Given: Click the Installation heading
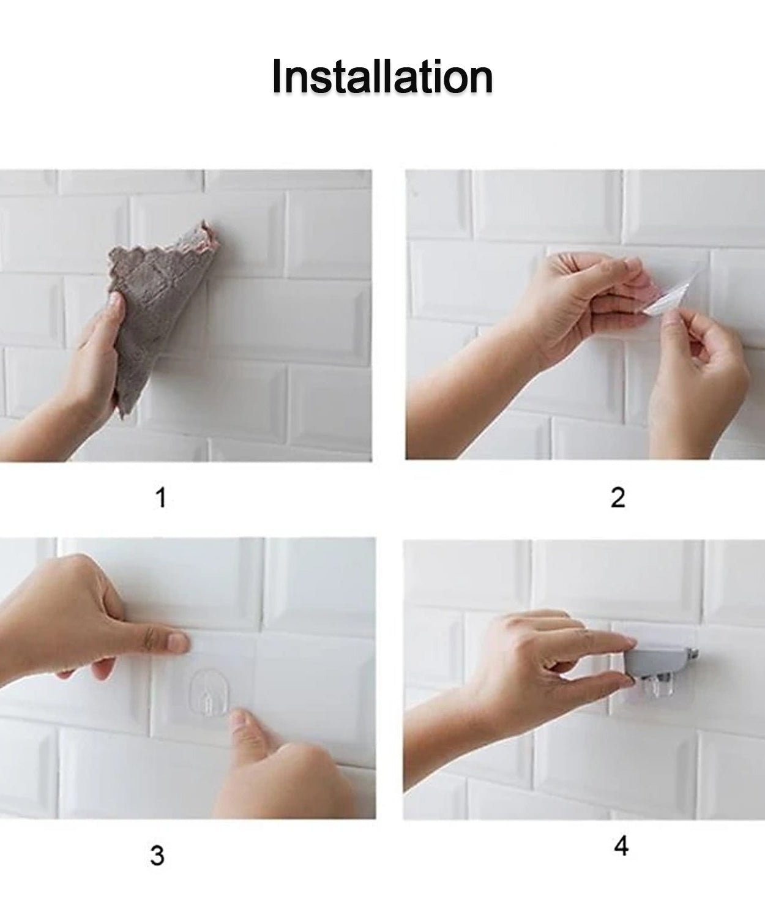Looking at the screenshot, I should point(382,77).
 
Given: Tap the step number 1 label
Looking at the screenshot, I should point(160,498).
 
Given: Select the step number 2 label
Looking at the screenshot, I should point(618,498).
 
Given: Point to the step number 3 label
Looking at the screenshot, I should point(157,855).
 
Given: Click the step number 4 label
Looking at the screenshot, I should point(621,847).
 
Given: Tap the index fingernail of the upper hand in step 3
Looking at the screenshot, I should point(179,642).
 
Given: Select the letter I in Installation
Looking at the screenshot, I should point(277,77).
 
